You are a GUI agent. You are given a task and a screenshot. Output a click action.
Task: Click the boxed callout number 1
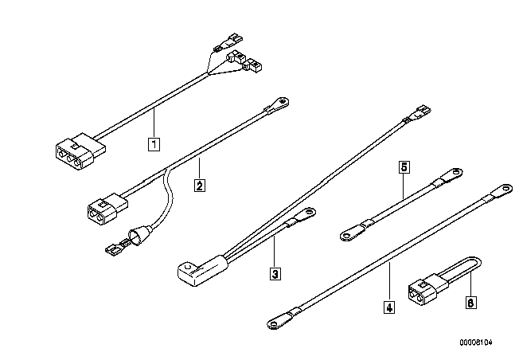point(154,144)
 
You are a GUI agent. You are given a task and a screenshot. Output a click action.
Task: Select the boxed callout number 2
point(199,185)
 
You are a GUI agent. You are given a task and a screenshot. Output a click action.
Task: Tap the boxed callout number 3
point(275,273)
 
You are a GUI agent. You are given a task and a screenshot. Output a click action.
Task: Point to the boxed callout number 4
point(389,307)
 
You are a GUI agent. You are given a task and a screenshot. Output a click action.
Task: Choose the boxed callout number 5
point(404,167)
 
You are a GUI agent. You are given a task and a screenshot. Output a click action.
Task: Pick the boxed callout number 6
point(470,303)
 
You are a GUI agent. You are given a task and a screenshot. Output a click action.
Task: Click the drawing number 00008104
point(476,342)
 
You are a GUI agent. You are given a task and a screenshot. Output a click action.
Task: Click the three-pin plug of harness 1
point(80,151)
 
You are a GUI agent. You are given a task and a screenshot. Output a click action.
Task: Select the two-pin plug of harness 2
point(107,207)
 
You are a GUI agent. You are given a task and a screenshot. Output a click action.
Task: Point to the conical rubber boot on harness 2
point(139,236)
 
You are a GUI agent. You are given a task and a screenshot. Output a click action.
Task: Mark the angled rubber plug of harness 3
point(202,270)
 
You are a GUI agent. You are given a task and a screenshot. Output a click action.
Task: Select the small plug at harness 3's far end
point(418,114)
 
